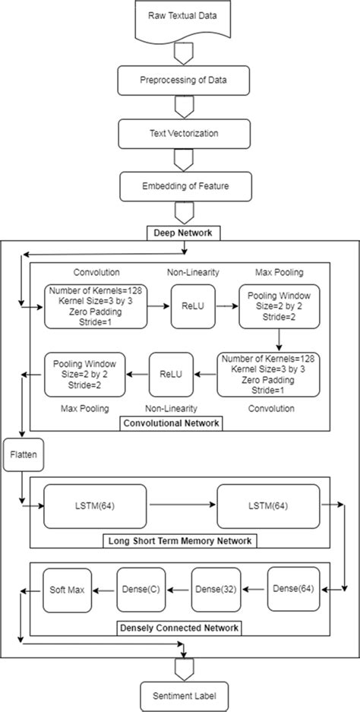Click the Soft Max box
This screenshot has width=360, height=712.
point(66,588)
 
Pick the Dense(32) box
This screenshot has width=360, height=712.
point(216,588)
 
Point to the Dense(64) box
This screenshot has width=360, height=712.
point(292,588)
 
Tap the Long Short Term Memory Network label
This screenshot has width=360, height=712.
point(180,541)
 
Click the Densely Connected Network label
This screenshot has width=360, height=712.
point(180,628)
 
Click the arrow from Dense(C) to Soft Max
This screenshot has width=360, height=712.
point(103,588)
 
